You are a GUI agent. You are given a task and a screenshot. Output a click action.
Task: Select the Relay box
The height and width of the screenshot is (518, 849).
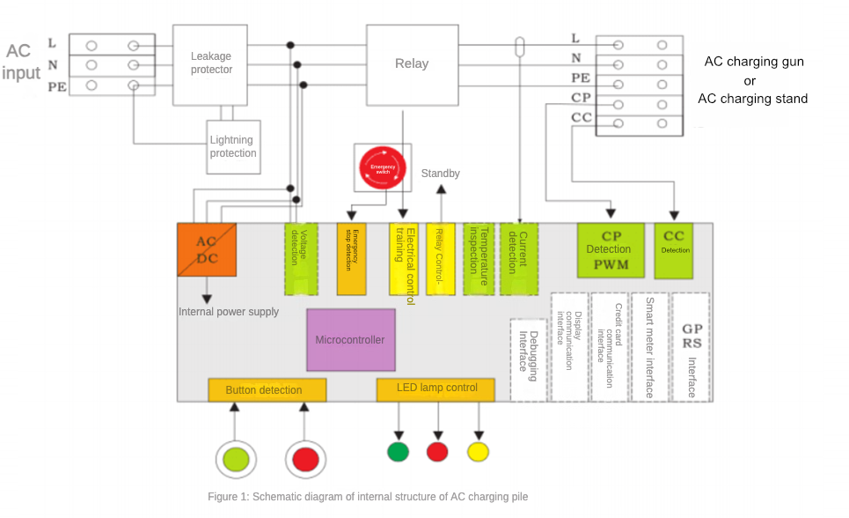point(412,63)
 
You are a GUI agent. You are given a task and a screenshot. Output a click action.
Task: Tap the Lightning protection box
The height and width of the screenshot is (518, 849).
point(233,146)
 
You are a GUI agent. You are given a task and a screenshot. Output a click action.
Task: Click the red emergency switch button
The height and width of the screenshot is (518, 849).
point(383,167)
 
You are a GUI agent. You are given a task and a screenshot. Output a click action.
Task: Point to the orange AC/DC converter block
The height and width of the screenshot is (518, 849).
point(207,250)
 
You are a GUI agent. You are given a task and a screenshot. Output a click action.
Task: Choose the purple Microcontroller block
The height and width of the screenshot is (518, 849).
point(350,340)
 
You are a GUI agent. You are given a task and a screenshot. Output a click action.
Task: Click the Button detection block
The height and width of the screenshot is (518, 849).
point(267,390)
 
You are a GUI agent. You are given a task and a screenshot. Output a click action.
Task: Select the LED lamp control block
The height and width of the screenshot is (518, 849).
point(435,389)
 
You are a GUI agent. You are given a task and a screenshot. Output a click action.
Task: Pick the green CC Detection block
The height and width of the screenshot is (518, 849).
point(675,250)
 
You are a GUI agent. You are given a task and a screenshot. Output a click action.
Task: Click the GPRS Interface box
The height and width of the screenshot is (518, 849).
point(691,347)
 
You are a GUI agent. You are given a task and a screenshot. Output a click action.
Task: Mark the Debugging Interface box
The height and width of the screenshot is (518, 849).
point(528,360)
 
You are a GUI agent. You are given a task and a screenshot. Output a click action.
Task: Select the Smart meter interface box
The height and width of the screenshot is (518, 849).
point(650,347)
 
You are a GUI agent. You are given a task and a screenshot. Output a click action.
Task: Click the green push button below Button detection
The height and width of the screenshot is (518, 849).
point(237,459)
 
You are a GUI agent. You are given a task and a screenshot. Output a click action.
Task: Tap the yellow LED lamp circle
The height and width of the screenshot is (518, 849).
point(478,452)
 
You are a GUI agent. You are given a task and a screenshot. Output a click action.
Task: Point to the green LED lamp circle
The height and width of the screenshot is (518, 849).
point(399,452)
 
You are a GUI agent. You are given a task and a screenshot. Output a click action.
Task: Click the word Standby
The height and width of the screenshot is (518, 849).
point(440,174)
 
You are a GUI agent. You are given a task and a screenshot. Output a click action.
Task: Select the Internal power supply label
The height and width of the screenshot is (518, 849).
point(229,312)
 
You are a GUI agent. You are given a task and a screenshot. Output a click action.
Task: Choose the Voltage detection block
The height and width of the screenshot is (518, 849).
point(300,259)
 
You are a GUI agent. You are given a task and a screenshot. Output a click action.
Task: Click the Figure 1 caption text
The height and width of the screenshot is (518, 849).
point(368,497)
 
